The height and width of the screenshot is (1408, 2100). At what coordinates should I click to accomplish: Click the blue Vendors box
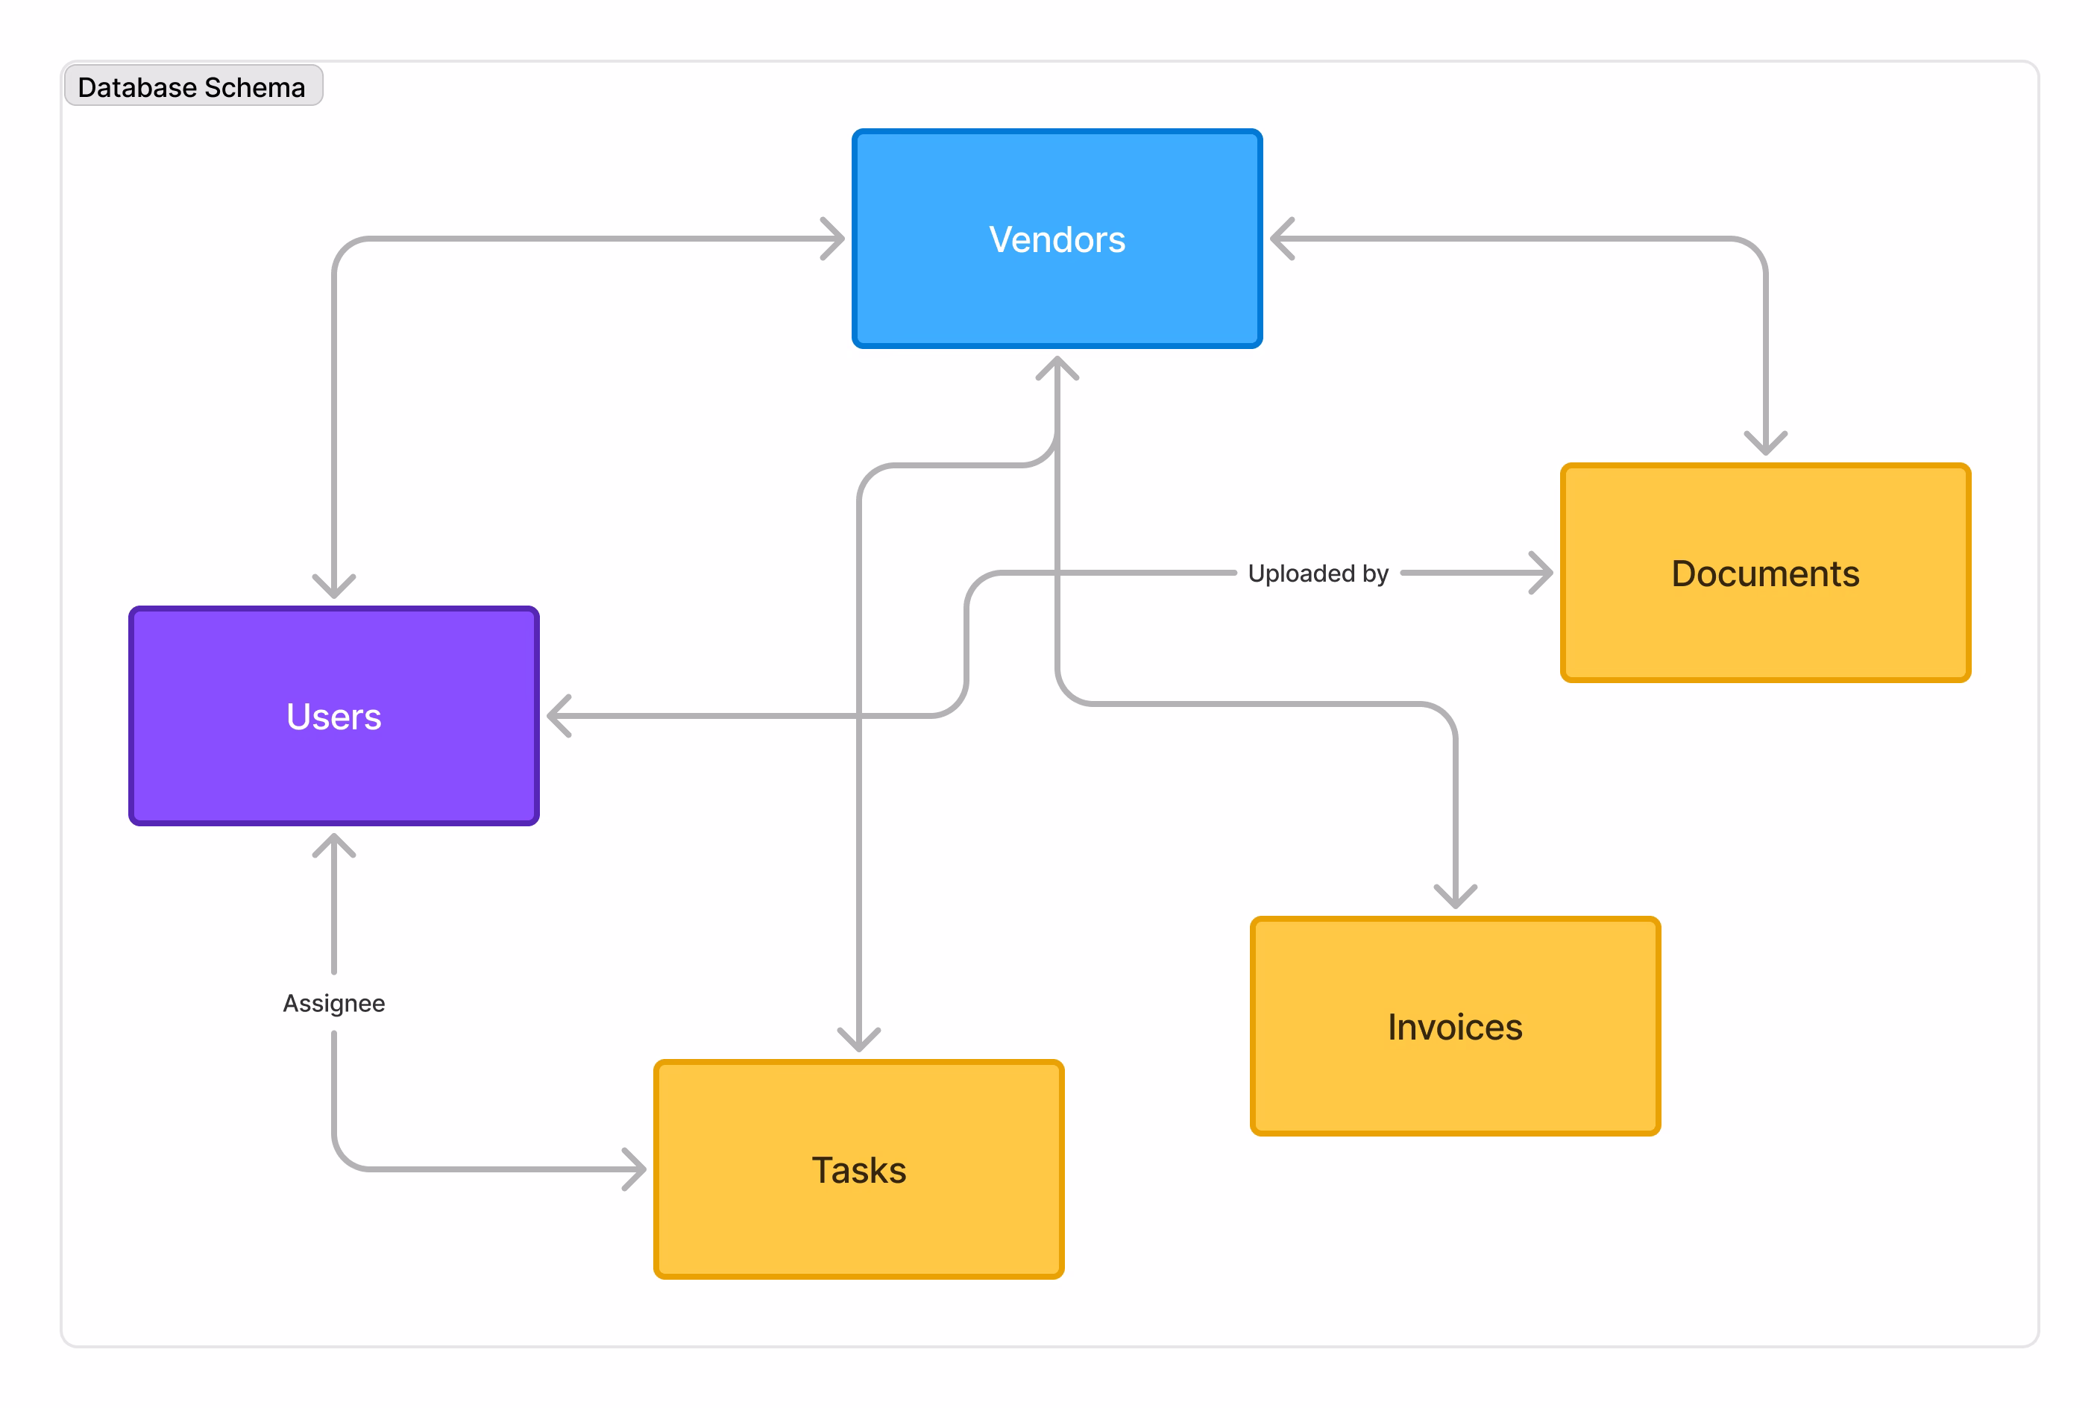point(1057,239)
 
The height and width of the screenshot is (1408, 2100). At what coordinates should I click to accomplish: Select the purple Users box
point(334,716)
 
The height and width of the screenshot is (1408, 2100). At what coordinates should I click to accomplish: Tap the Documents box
point(1764,573)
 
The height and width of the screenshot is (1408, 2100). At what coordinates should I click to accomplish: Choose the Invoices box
point(1454,1025)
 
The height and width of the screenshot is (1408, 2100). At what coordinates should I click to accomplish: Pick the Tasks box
point(858,1169)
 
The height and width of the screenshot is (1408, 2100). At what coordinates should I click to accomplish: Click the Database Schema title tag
point(192,87)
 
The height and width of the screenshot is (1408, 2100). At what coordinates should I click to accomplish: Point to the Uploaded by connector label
point(1317,573)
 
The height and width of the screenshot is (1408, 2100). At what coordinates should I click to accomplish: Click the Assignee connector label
point(334,1002)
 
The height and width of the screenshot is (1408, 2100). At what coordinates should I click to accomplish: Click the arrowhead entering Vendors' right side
point(1278,239)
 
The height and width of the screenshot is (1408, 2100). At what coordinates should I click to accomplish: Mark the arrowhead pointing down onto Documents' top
point(1765,446)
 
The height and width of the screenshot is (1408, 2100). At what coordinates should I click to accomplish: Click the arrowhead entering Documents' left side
point(1544,573)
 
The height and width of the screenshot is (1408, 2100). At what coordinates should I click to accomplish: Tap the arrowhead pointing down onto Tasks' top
point(858,1043)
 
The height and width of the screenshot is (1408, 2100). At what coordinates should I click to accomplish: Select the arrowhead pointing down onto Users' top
point(334,589)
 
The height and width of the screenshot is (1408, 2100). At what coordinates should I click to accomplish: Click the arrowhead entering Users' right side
point(556,716)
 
